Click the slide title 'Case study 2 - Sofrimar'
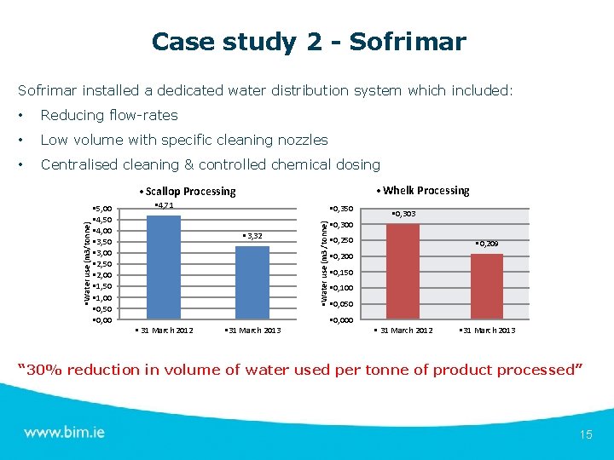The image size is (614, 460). [x=308, y=41]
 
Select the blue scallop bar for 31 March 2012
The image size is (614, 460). [x=164, y=267]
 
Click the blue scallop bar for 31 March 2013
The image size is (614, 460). [x=252, y=282]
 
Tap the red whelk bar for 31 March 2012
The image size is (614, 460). [x=403, y=271]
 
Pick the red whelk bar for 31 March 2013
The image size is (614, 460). [x=487, y=286]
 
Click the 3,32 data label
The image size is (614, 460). [x=252, y=236]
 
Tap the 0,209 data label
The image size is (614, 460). [x=487, y=244]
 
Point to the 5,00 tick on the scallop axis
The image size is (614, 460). [x=101, y=210]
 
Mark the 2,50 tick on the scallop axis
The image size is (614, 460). [x=101, y=265]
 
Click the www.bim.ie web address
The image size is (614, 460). [x=65, y=432]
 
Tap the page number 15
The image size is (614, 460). [x=585, y=434]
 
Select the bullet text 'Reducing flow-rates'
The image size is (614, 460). [x=109, y=115]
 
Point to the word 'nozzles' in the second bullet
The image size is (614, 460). [x=301, y=140]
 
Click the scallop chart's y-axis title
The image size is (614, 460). [x=87, y=265]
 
